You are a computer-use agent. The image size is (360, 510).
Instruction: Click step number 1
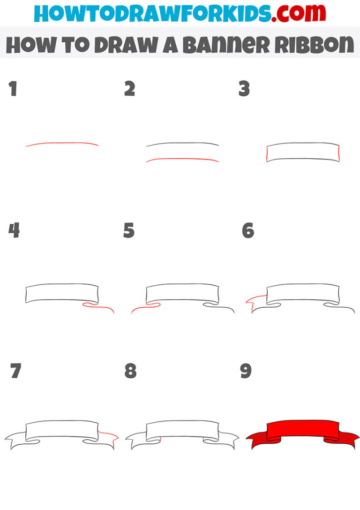pos(13,89)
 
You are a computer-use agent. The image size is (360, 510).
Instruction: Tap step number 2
pos(129,89)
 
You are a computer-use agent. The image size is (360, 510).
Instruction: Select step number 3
pos(244,89)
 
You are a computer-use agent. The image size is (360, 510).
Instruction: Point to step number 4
pos(14,230)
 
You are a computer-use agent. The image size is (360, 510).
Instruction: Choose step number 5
pos(129,230)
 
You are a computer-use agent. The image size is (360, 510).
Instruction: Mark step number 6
pos(247,230)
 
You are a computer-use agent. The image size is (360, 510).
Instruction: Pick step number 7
pos(15,371)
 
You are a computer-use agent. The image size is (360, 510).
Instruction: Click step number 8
pos(130,371)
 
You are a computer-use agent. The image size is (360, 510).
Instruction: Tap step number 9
pos(246,371)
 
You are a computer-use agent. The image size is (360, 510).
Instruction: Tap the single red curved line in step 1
pos(62,144)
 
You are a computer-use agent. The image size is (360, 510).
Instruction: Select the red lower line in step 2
pos(182,159)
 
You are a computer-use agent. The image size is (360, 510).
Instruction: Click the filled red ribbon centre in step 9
pos(303,430)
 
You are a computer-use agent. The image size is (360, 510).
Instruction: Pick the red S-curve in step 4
pos(99,307)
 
